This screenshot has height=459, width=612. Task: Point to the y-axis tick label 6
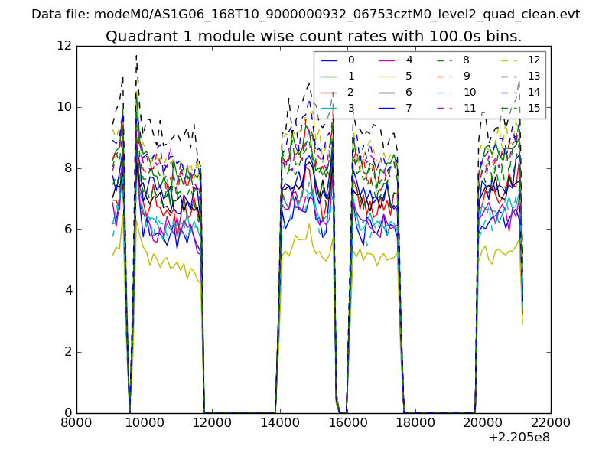coord(67,229)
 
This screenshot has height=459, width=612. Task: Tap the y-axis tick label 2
coord(67,352)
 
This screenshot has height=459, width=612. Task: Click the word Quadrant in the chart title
coord(138,36)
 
